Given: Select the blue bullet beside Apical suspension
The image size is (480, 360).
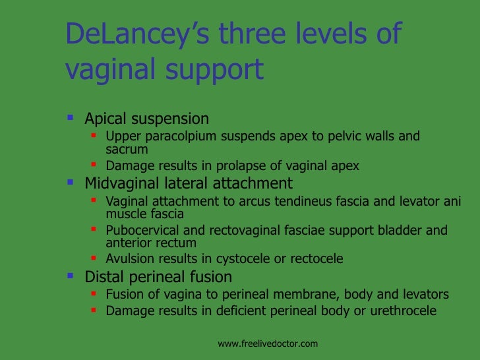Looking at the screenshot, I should click(x=71, y=118).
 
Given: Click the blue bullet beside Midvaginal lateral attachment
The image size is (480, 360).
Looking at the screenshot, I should click(x=71, y=182).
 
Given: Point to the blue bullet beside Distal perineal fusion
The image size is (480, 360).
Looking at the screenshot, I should click(x=71, y=276).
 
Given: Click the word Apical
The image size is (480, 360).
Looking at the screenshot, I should click(x=107, y=119).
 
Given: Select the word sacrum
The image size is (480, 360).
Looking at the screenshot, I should click(x=127, y=150).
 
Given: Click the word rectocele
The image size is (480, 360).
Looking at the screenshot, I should click(x=313, y=258).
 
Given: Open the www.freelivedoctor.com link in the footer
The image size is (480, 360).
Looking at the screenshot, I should click(x=268, y=344).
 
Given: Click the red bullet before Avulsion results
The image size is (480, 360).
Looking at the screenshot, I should click(x=94, y=258).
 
